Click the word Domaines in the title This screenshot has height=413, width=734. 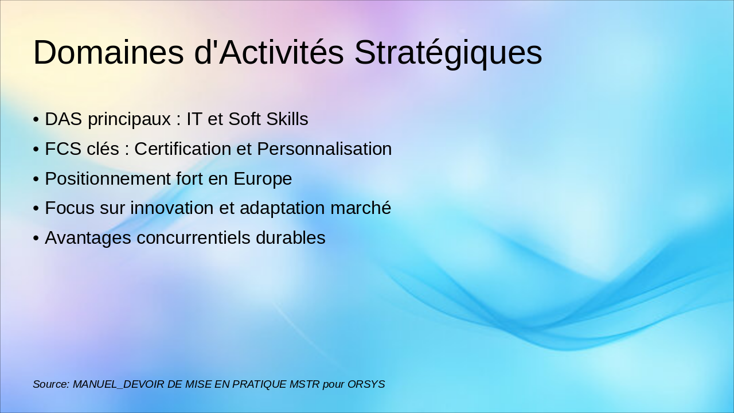(x=108, y=52)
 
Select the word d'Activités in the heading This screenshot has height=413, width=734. (x=269, y=52)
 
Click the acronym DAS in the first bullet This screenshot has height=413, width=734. (x=63, y=119)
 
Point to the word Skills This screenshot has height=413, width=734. (x=287, y=119)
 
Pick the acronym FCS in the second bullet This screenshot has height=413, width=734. (x=63, y=149)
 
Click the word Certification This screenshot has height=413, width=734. (x=183, y=149)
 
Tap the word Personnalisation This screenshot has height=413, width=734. (x=325, y=149)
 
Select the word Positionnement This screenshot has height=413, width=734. (x=108, y=178)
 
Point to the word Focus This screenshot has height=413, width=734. (x=70, y=208)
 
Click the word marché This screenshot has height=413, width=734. (x=361, y=208)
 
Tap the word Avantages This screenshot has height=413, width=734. (x=88, y=239)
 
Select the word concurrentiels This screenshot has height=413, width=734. (x=193, y=237)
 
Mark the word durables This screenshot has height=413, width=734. (x=291, y=237)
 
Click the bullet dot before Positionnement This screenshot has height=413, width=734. (x=36, y=180)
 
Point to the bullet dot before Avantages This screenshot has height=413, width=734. (x=36, y=238)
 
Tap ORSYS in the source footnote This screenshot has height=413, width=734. (x=366, y=384)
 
